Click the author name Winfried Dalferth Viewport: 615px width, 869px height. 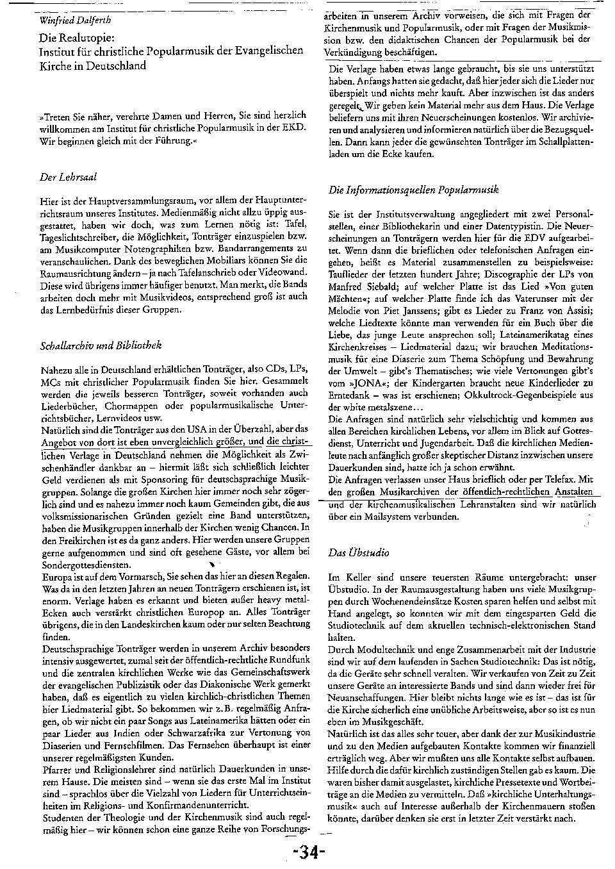[x=72, y=20]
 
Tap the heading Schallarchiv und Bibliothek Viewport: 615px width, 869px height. [x=101, y=345]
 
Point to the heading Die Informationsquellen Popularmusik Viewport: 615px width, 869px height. [x=413, y=190]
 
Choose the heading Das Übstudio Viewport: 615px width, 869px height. [x=358, y=552]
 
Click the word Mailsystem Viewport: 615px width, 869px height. [x=379, y=517]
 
